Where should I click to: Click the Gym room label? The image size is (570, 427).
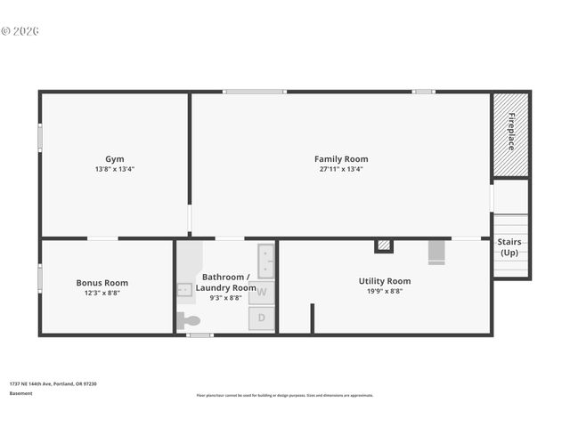pyautogui.click(x=115, y=158)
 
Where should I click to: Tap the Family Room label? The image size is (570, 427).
pyautogui.click(x=341, y=159)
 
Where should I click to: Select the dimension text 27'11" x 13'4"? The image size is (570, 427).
pyautogui.click(x=341, y=169)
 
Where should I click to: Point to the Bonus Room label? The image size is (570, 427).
pyautogui.click(x=102, y=283)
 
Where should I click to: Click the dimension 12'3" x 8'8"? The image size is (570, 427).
pyautogui.click(x=102, y=293)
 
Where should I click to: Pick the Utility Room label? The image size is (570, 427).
pyautogui.click(x=385, y=281)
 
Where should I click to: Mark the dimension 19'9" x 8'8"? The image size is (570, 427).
pyautogui.click(x=385, y=291)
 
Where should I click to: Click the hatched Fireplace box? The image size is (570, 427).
pyautogui.click(x=511, y=133)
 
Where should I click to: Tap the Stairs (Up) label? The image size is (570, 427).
pyautogui.click(x=509, y=246)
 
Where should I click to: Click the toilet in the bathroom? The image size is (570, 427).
pyautogui.click(x=189, y=320)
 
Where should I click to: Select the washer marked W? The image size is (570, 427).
pyautogui.click(x=262, y=292)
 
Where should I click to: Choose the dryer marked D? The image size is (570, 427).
pyautogui.click(x=262, y=318)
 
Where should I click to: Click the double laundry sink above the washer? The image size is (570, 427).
pyautogui.click(x=265, y=260)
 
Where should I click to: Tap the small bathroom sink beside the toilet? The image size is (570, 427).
pyautogui.click(x=184, y=289)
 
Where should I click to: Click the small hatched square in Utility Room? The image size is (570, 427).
pyautogui.click(x=384, y=245)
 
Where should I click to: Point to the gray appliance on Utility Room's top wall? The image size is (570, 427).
pyautogui.click(x=436, y=252)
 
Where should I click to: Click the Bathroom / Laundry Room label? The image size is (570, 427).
pyautogui.click(x=226, y=282)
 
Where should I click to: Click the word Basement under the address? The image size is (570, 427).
pyautogui.click(x=20, y=393)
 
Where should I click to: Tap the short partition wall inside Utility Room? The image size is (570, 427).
pyautogui.click(x=313, y=318)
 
